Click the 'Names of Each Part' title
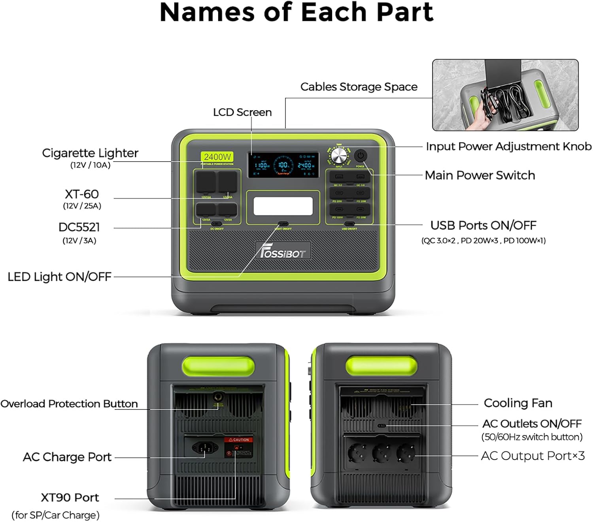tap(296, 13)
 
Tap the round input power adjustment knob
tap(338, 156)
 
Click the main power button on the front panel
tap(360, 156)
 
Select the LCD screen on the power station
tap(283, 165)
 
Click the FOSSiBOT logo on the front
tap(283, 251)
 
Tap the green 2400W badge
tap(217, 157)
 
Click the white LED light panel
tap(283, 207)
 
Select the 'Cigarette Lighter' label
tap(90, 153)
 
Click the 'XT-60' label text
tap(82, 194)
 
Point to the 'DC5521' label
tap(79, 227)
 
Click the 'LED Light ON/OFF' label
tap(59, 277)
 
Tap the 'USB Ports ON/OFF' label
tap(483, 225)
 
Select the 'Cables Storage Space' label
tap(359, 87)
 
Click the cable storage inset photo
tap(505, 95)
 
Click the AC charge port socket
tap(205, 447)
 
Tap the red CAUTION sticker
tap(238, 439)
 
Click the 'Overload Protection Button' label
tap(69, 404)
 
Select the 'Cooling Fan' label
tap(518, 403)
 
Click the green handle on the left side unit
tap(218, 366)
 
